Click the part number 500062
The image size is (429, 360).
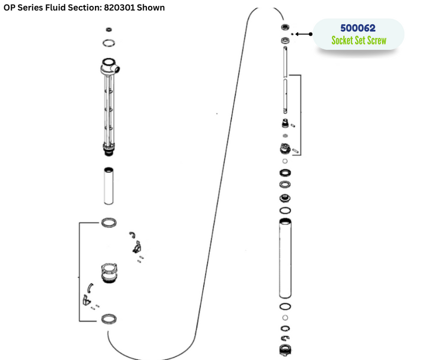coord(358,28)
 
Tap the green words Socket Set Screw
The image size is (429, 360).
coord(359,40)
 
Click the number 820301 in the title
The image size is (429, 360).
coord(119,8)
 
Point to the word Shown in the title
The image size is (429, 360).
coord(151,8)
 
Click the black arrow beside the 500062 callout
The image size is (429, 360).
coord(304,34)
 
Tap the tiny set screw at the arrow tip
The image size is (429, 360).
coord(292,34)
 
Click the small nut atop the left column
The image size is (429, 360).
coord(109,30)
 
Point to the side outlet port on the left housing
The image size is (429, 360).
coord(117,69)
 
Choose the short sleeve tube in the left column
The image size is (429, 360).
coord(109,186)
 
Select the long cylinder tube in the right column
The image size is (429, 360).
coord(285,258)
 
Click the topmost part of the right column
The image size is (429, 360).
coord(285,27)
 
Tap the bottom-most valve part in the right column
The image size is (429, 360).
coord(285,350)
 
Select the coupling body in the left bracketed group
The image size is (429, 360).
coord(109,273)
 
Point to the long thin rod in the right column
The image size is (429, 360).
coord(285,80)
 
